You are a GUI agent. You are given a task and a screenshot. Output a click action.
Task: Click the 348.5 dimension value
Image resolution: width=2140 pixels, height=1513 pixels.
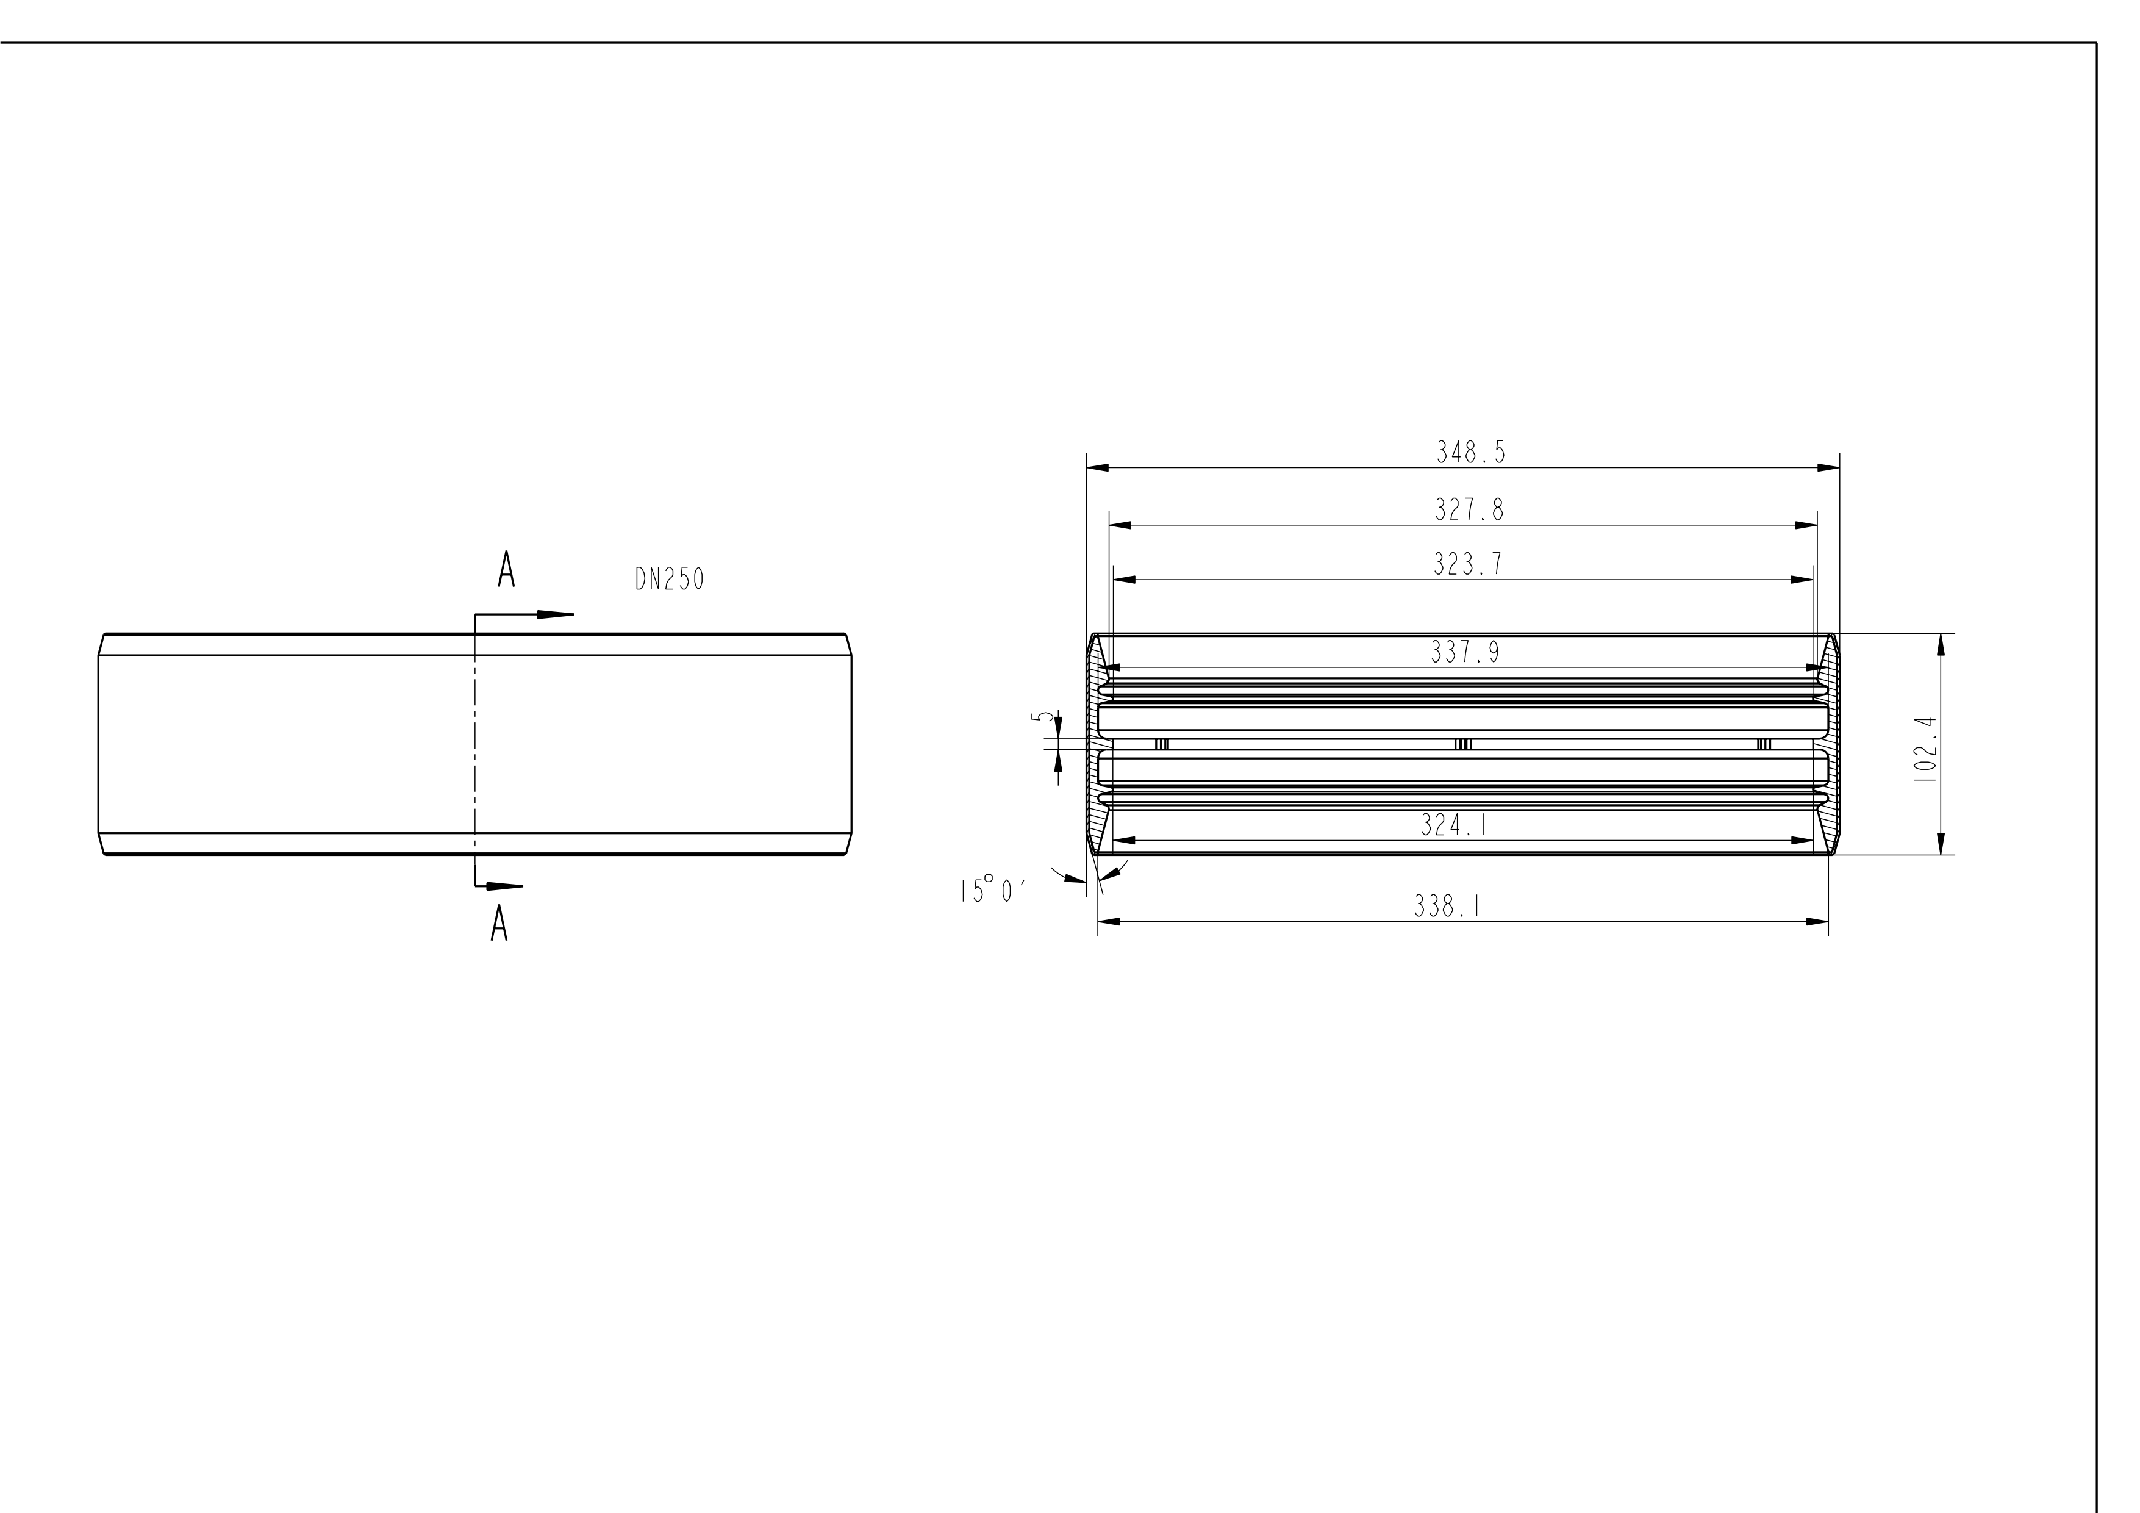click(1470, 453)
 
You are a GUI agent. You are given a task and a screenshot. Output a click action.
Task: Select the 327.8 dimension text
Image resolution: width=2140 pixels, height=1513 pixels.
click(1469, 510)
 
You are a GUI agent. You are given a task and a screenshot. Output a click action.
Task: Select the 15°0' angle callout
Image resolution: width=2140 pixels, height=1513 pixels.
click(993, 890)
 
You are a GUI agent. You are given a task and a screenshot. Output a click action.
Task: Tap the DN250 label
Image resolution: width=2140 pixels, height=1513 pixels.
click(669, 580)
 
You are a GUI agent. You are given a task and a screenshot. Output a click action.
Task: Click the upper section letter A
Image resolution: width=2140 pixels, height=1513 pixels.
click(506, 570)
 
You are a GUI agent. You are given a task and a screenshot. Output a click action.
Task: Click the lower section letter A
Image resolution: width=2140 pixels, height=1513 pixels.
click(499, 923)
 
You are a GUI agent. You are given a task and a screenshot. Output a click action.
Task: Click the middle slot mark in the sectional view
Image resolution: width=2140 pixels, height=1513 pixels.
click(1462, 743)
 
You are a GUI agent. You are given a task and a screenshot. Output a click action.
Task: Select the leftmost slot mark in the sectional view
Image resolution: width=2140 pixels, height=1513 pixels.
click(1161, 743)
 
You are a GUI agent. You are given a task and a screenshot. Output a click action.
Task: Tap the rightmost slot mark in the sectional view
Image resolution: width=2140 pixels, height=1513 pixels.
click(1764, 743)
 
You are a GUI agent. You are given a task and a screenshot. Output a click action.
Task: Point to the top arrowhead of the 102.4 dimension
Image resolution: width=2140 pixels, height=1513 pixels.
click(1941, 645)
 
